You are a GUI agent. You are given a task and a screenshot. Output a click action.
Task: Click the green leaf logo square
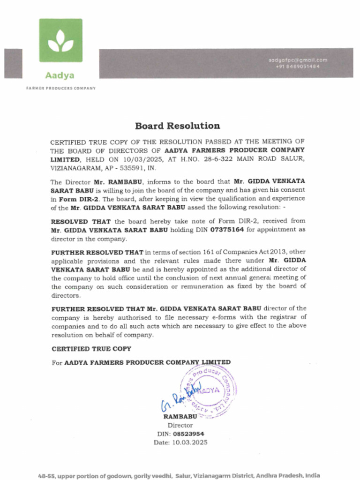60,40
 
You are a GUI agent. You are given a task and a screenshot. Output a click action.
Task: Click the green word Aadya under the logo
60,75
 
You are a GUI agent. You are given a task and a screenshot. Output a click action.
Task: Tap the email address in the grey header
298,60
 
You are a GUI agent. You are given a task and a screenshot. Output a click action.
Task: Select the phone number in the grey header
298,67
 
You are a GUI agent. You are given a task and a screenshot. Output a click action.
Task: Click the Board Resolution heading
177,126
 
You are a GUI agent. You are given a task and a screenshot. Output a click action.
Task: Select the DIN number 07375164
227,230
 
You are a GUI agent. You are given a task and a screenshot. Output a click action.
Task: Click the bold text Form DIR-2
75,198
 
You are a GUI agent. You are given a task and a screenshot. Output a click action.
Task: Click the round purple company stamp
210,390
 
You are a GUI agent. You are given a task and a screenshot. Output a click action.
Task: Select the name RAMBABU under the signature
180,416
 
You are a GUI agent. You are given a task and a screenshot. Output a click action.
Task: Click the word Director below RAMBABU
180,425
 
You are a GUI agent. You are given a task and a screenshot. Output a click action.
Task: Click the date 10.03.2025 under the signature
189,442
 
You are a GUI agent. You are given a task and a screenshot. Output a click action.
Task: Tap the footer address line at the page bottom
179,475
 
